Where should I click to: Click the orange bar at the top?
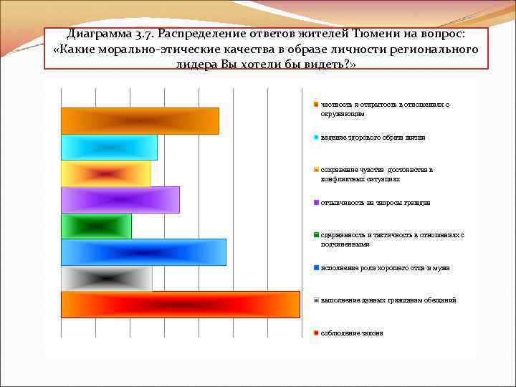click(x=140, y=121)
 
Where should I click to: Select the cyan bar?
click(x=109, y=147)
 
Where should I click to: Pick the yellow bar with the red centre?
click(x=105, y=173)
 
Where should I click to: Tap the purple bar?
click(x=120, y=200)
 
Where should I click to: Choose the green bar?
click(x=96, y=226)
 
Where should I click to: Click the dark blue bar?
click(x=143, y=252)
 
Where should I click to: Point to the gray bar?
click(x=106, y=278)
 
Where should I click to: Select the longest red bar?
click(x=180, y=305)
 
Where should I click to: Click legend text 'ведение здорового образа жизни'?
click(x=373, y=137)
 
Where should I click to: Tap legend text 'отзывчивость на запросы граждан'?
click(x=376, y=203)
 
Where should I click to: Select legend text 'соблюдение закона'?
click(x=352, y=333)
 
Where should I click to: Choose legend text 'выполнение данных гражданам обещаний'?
click(x=388, y=300)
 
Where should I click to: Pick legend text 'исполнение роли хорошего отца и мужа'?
click(x=386, y=268)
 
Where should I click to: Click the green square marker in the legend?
click(x=316, y=235)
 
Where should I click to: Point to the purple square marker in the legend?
click(x=316, y=203)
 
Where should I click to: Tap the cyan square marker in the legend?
click(x=316, y=137)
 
